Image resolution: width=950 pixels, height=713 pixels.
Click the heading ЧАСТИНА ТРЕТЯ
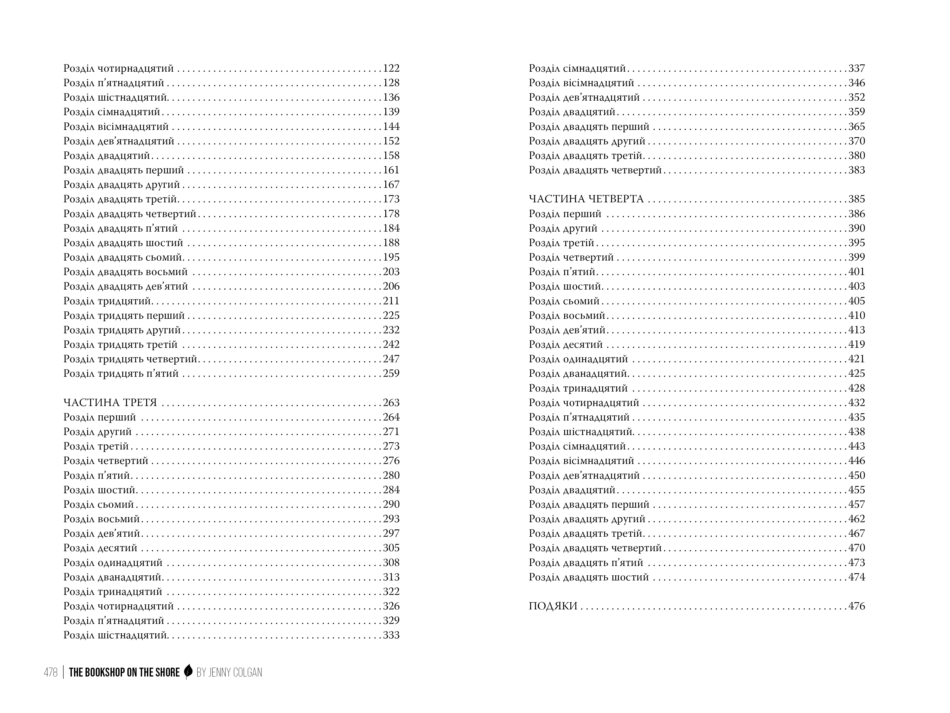pyautogui.click(x=110, y=403)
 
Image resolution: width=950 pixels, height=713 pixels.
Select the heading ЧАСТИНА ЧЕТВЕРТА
pyautogui.click(x=586, y=199)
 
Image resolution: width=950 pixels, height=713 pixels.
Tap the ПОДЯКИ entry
pyautogui.click(x=553, y=606)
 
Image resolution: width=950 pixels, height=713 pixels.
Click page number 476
pyautogui.click(x=856, y=606)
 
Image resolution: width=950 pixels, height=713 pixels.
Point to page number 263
pyautogui.click(x=391, y=403)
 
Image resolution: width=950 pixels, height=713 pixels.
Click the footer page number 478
pyautogui.click(x=51, y=672)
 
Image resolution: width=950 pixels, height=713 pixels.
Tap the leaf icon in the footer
pyautogui.click(x=188, y=672)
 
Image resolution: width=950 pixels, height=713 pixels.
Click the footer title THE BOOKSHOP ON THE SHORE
pyautogui.click(x=124, y=672)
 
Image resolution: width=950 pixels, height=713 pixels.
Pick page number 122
pyautogui.click(x=391, y=68)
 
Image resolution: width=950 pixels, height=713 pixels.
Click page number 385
pyautogui.click(x=856, y=199)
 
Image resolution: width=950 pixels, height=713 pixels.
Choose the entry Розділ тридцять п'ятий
pyautogui.click(x=121, y=374)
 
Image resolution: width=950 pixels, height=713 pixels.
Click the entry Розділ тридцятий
pyautogui.click(x=107, y=301)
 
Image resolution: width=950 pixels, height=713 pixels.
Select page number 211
pyautogui.click(x=391, y=301)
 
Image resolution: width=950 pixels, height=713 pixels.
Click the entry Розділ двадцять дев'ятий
pyautogui.click(x=126, y=286)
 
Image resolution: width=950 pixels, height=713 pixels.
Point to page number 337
pyautogui.click(x=856, y=68)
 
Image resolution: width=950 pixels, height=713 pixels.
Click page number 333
pyautogui.click(x=391, y=635)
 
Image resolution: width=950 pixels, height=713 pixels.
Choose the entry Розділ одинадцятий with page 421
pyautogui.click(x=578, y=359)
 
